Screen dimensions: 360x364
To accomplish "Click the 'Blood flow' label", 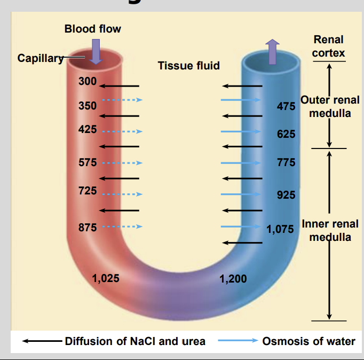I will point(92,29).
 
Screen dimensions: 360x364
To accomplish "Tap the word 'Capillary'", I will point(39,58).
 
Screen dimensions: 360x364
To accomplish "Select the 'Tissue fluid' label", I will point(188,66).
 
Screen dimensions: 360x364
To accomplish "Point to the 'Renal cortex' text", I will point(328,46).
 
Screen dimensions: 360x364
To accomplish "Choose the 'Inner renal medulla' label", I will point(330,230).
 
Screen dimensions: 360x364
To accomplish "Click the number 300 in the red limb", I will point(87,82).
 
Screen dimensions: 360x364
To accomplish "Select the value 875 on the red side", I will point(87,227).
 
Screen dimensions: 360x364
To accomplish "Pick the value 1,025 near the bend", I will point(105,278).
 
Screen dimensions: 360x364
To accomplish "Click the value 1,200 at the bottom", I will point(233,278).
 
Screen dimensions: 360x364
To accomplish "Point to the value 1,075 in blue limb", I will point(280,230).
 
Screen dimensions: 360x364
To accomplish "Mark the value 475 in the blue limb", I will point(286,106).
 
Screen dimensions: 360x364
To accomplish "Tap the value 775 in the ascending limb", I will point(286,162).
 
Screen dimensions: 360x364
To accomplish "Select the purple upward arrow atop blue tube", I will point(272,51).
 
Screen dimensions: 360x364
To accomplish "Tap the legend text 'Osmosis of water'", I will point(308,341).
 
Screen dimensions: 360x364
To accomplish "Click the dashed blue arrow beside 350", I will point(122,99).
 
